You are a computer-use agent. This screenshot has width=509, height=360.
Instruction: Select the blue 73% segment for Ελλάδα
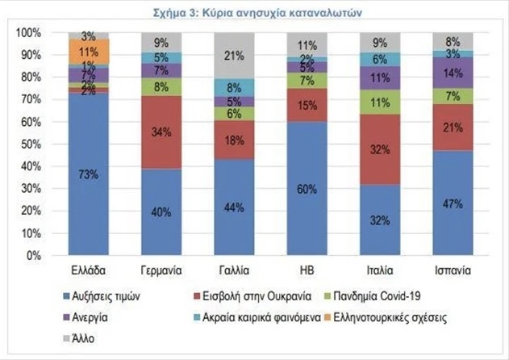(x=89, y=174)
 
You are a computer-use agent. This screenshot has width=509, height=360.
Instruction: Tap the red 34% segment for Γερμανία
(x=161, y=132)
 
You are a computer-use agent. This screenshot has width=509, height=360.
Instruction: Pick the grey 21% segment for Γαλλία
(x=232, y=56)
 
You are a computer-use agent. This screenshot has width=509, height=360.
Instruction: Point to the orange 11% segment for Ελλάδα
(x=89, y=51)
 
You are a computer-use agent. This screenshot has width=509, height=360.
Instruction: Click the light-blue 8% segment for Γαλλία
(x=232, y=87)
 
